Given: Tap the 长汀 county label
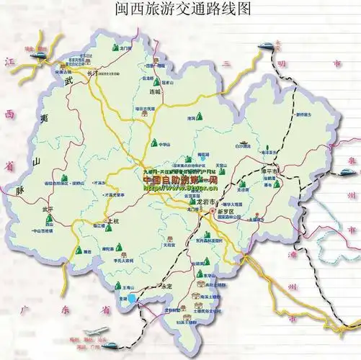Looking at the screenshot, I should click(x=90, y=73).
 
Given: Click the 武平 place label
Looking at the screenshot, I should click(x=48, y=210).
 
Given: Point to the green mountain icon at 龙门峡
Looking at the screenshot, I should click(x=116, y=48).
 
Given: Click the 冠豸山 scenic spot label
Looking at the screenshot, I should click(x=167, y=81).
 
